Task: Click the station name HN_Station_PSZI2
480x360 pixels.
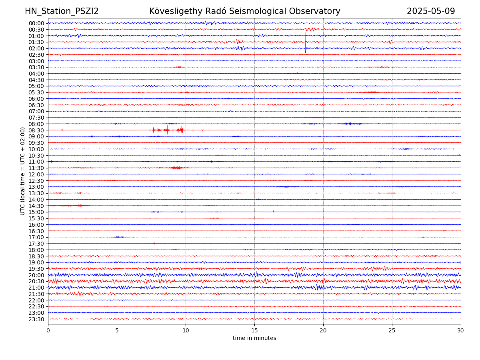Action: (x=62, y=12)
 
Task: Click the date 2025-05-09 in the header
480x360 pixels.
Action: (x=431, y=12)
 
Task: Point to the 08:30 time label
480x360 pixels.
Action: (x=36, y=130)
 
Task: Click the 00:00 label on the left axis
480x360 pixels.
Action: (x=36, y=23)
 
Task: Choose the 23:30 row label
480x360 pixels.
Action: (x=36, y=319)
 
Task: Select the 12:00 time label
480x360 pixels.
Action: (x=36, y=174)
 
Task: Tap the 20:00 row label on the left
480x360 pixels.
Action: (x=36, y=275)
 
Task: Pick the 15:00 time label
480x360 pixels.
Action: (x=36, y=212)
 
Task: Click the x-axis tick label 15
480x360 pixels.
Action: (x=254, y=331)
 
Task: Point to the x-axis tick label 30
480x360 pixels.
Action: (x=461, y=331)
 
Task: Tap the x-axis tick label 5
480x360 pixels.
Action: (x=117, y=331)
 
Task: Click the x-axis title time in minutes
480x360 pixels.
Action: (x=254, y=338)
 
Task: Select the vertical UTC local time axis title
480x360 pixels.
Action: (x=23, y=171)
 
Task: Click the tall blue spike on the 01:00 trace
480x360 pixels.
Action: (x=305, y=42)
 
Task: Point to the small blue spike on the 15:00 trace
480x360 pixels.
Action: (x=273, y=212)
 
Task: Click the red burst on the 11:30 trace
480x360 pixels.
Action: (x=176, y=168)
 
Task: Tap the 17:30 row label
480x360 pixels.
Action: (x=36, y=244)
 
